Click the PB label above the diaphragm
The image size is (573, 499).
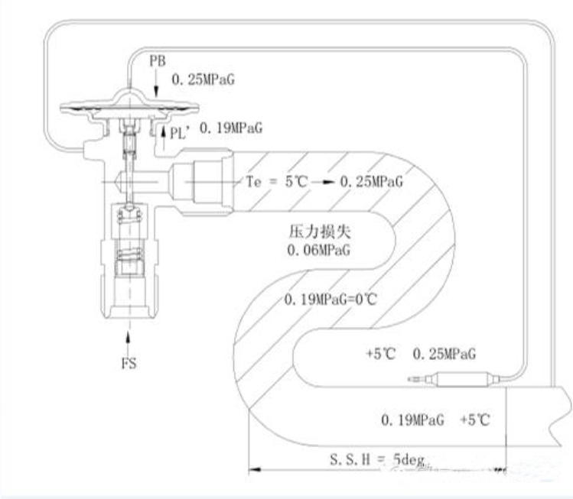coord(158,61)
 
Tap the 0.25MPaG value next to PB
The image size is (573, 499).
coord(203,79)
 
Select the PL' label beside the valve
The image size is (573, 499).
coord(180,134)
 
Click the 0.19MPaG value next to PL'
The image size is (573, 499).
coord(231,128)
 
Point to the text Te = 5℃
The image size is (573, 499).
coord(277,181)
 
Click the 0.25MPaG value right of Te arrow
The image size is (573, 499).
coord(371,181)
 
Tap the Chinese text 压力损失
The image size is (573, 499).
coord(320,232)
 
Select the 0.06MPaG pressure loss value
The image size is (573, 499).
coord(319,250)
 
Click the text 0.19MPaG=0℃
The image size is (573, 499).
coord(330,300)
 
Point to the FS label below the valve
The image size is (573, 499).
coord(129,364)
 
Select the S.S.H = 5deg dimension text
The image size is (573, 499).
coord(377,459)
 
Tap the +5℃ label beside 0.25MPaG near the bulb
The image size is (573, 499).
coord(381,354)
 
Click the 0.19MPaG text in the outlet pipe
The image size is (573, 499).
coord(412,420)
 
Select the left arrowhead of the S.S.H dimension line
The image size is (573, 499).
coord(254,469)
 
